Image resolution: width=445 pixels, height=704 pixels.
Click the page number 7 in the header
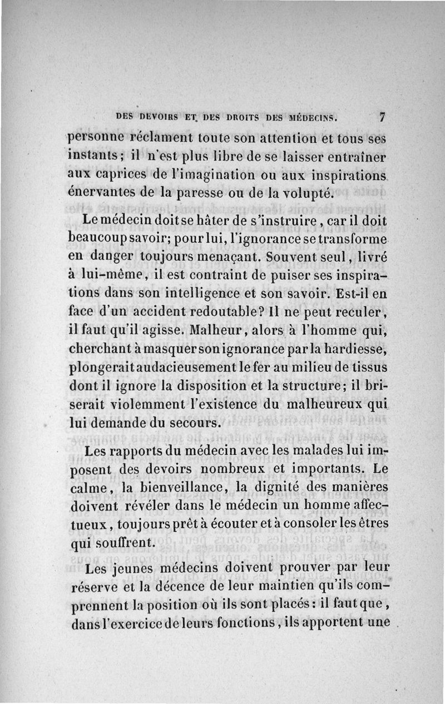click(x=382, y=117)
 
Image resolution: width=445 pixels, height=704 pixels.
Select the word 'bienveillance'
click(x=178, y=488)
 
